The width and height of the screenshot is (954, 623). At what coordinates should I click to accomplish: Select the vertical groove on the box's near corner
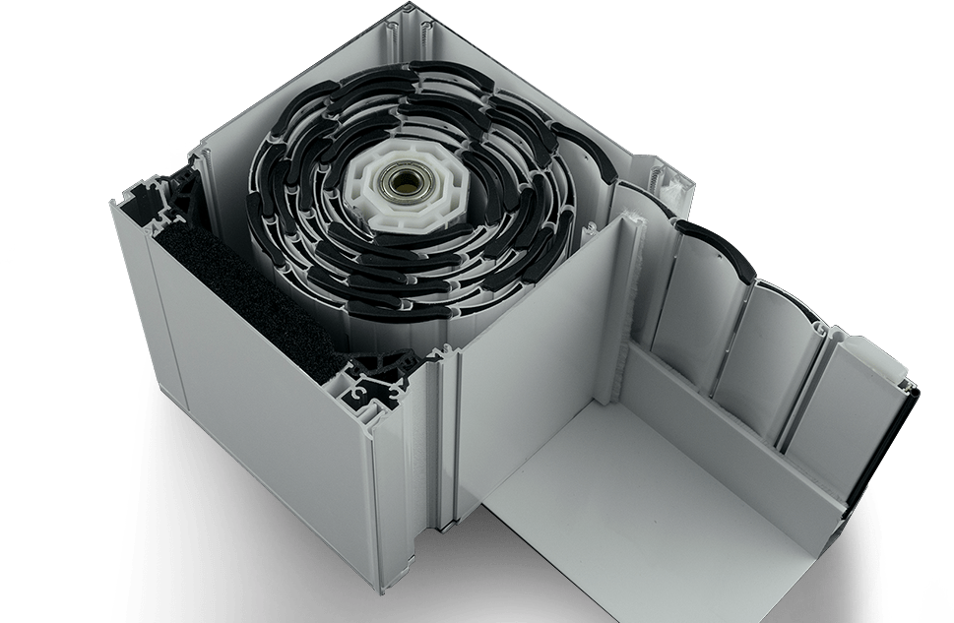448,433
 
